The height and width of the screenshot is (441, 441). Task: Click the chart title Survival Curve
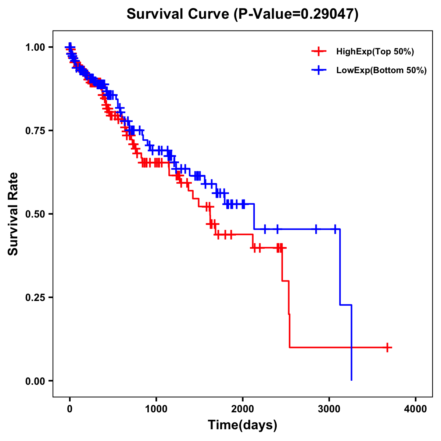(179, 14)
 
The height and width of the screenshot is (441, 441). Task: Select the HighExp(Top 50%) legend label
(375, 52)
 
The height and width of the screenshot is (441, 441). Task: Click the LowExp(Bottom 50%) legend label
(381, 70)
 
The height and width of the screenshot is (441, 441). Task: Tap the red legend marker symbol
(319, 51)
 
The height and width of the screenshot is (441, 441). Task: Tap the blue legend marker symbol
(319, 70)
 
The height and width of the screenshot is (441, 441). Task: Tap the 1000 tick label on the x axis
(156, 409)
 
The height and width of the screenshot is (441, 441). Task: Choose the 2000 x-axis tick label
(243, 409)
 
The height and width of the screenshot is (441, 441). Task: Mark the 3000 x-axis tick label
(329, 409)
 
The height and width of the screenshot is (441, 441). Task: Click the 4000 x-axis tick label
(416, 409)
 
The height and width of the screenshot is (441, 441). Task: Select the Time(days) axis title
(242, 425)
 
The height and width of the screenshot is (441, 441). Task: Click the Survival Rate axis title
(13, 214)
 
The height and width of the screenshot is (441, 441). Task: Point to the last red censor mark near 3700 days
(387, 347)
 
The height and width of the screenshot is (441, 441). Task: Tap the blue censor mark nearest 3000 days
(335, 229)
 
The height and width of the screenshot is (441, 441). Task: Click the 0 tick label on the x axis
(69, 409)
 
